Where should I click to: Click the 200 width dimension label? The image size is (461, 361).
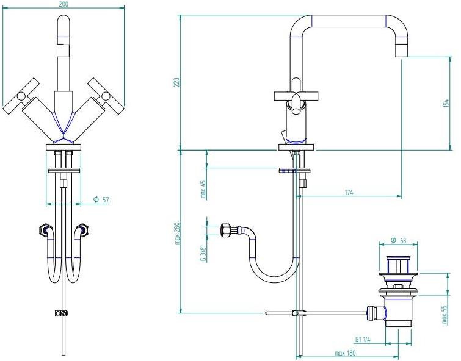click(64, 4)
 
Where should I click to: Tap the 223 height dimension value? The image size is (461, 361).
click(176, 82)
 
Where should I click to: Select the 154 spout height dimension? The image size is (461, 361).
click(446, 104)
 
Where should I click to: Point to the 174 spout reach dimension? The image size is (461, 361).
click(349, 193)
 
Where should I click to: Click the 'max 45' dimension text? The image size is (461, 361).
click(203, 189)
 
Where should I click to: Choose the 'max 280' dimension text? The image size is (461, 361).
click(177, 234)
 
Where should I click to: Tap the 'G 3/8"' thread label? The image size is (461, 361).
click(203, 253)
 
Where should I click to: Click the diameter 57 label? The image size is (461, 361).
click(101, 200)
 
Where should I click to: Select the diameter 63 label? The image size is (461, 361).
click(398, 240)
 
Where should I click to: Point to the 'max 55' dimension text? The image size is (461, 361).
click(445, 314)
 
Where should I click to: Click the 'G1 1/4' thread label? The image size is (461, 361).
click(363, 340)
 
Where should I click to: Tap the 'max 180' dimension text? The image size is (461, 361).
click(345, 353)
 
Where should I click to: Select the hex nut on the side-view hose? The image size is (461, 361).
click(226, 229)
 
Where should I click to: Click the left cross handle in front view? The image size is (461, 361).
click(21, 96)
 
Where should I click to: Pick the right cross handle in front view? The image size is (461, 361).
click(105, 96)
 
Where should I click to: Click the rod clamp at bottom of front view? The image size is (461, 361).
click(62, 313)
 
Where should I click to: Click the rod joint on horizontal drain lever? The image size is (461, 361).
click(297, 313)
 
